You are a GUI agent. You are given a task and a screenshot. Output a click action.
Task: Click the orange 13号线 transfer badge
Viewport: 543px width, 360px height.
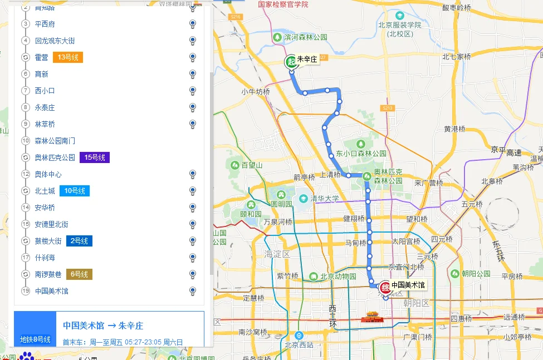(x=68, y=57)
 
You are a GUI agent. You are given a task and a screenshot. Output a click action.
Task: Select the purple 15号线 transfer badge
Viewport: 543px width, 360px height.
(x=94, y=157)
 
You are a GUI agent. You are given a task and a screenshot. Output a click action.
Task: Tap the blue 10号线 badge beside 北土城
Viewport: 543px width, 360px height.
(x=74, y=191)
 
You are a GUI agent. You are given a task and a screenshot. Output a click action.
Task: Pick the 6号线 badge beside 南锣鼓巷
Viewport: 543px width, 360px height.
(x=79, y=274)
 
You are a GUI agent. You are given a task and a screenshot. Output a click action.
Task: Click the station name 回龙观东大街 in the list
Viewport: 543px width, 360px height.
(x=55, y=41)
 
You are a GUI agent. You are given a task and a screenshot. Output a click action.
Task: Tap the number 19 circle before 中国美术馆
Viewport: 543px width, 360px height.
(x=25, y=291)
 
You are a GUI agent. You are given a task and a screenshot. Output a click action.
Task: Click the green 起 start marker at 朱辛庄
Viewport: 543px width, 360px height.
(x=291, y=62)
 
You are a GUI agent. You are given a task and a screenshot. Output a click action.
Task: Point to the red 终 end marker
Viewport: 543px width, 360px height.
(x=385, y=287)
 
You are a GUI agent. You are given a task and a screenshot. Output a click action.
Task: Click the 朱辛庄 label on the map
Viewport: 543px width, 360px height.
(x=306, y=59)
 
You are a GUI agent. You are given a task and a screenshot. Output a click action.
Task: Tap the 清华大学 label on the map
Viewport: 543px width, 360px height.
(x=325, y=198)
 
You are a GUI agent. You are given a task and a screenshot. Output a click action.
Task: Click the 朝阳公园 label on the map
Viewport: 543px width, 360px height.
(x=476, y=273)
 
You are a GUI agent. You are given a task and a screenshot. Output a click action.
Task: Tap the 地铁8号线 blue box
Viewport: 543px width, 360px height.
(x=35, y=339)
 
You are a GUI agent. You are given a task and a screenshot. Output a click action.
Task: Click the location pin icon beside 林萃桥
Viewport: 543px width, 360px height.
(x=193, y=124)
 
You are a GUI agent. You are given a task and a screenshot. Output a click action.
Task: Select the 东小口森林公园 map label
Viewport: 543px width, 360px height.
(x=361, y=154)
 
